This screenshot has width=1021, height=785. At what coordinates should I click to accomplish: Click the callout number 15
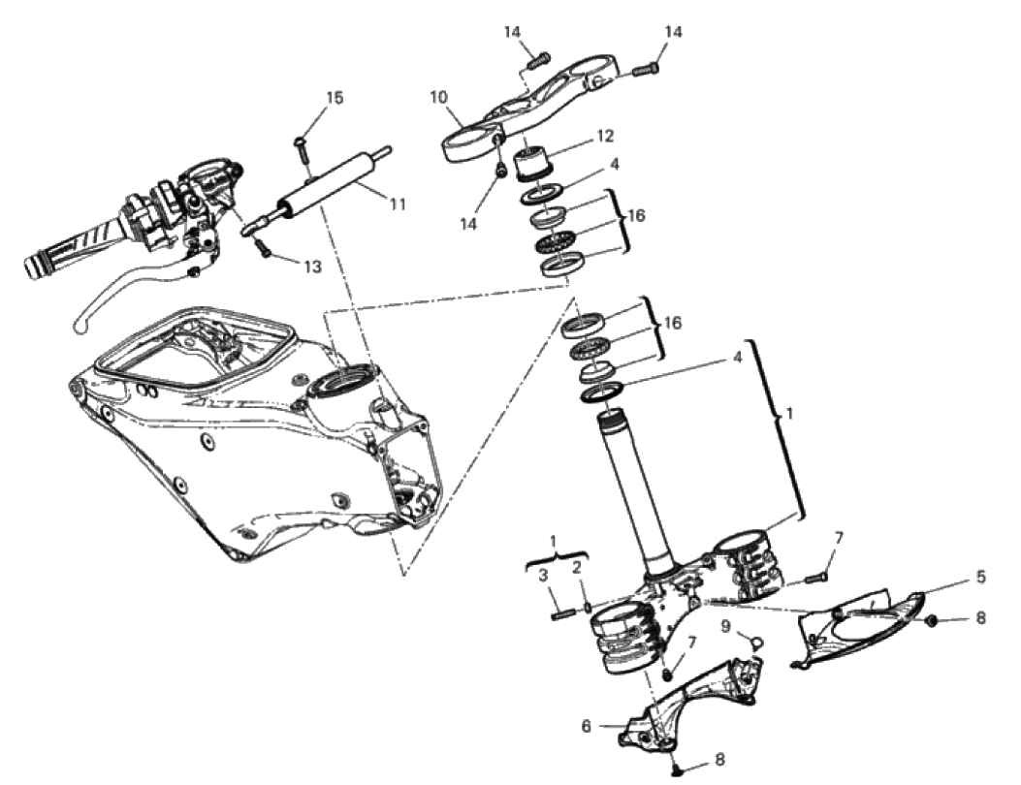click(335, 98)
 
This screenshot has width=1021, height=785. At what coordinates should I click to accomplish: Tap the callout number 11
click(398, 204)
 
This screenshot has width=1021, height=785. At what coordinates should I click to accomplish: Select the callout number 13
click(312, 267)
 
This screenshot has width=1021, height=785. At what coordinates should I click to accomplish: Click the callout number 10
click(439, 98)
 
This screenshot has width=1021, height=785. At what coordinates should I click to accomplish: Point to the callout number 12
click(605, 136)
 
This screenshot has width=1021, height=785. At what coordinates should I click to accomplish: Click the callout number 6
click(586, 726)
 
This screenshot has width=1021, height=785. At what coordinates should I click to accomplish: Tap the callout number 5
click(980, 577)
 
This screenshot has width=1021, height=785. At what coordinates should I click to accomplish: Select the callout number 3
click(542, 575)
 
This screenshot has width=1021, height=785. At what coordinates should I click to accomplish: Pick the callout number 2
click(577, 568)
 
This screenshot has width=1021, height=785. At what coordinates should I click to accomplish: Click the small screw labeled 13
click(263, 247)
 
